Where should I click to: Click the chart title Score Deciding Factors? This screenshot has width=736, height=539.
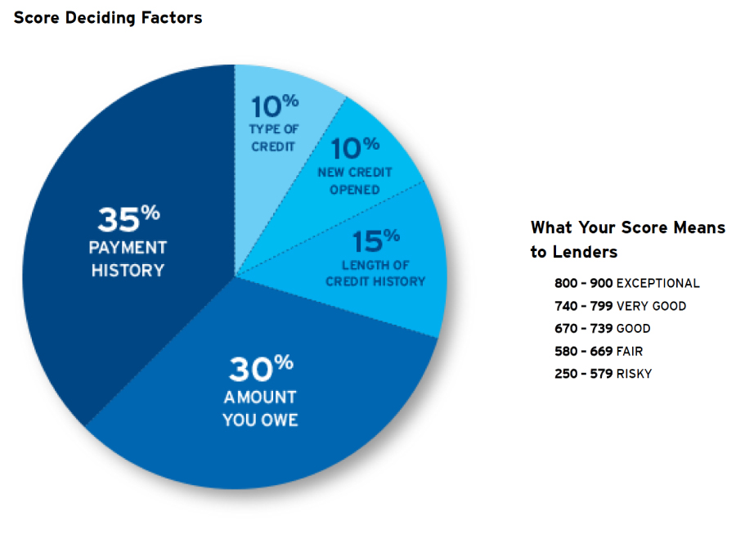click(x=107, y=17)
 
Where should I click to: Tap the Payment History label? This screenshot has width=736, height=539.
click(x=128, y=258)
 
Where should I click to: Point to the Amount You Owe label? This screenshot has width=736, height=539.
click(x=260, y=409)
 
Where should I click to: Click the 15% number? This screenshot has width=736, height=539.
click(x=375, y=241)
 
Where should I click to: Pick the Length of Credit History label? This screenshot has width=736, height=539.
click(x=375, y=273)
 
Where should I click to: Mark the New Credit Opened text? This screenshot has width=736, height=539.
click(x=354, y=181)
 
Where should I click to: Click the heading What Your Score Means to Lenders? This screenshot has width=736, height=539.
click(x=627, y=239)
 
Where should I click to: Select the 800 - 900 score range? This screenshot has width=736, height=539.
click(x=582, y=283)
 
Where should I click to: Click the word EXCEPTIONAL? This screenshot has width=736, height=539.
click(x=657, y=283)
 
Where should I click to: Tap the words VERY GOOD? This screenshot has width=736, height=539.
click(x=651, y=306)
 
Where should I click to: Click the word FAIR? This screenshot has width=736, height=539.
click(x=630, y=352)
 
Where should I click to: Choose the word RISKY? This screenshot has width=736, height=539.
click(x=634, y=374)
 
